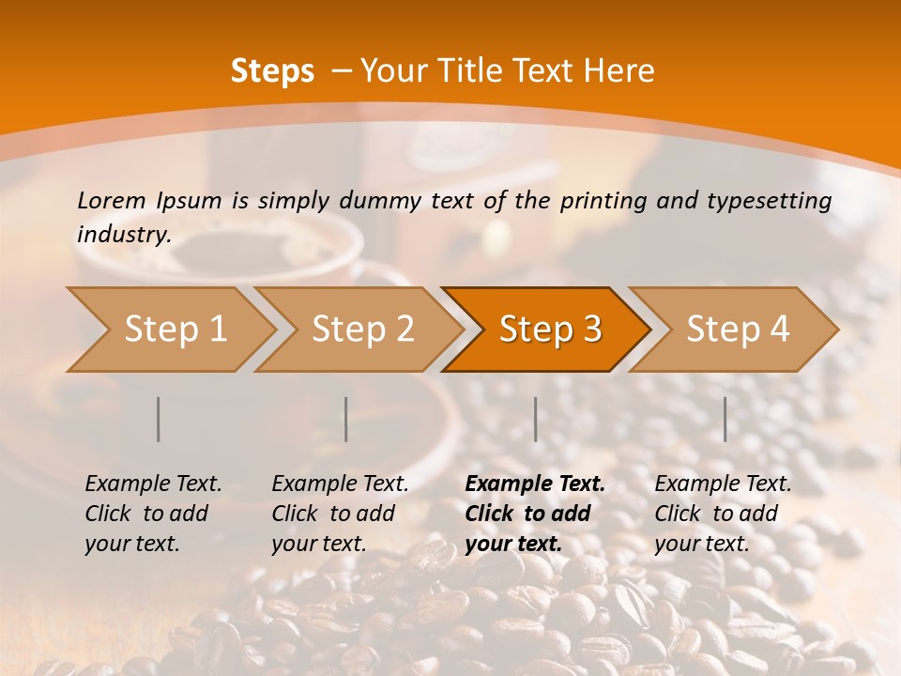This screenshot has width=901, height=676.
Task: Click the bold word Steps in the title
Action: [x=272, y=71]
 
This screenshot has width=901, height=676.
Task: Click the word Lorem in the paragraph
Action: [x=112, y=200]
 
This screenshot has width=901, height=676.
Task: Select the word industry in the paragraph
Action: [x=122, y=235]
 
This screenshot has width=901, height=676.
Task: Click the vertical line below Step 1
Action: [x=159, y=419]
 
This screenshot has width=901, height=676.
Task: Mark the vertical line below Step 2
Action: [x=346, y=419]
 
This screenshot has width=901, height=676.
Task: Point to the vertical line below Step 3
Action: [x=536, y=419]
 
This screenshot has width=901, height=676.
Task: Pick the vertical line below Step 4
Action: [x=725, y=419]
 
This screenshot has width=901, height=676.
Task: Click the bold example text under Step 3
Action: [x=535, y=514]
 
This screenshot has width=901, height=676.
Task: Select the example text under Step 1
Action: [x=153, y=514]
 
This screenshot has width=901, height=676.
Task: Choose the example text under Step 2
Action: [x=340, y=514]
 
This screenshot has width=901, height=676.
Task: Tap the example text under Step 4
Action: [x=723, y=514]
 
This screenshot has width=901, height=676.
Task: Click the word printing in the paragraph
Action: [x=601, y=201]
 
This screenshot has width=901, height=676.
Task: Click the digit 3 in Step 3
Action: [x=591, y=330]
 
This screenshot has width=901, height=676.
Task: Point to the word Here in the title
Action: [x=619, y=71]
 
